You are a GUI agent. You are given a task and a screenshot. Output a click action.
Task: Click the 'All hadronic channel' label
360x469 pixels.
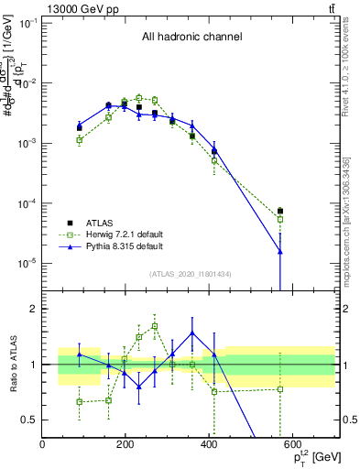click(x=191, y=38)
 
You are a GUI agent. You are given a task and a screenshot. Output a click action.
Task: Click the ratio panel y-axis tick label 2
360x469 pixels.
click(x=32, y=309)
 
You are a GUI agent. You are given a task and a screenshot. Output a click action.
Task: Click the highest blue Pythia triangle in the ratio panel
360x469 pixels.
click(x=192, y=333)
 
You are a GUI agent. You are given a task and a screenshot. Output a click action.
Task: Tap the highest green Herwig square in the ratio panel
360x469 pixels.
click(x=155, y=326)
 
